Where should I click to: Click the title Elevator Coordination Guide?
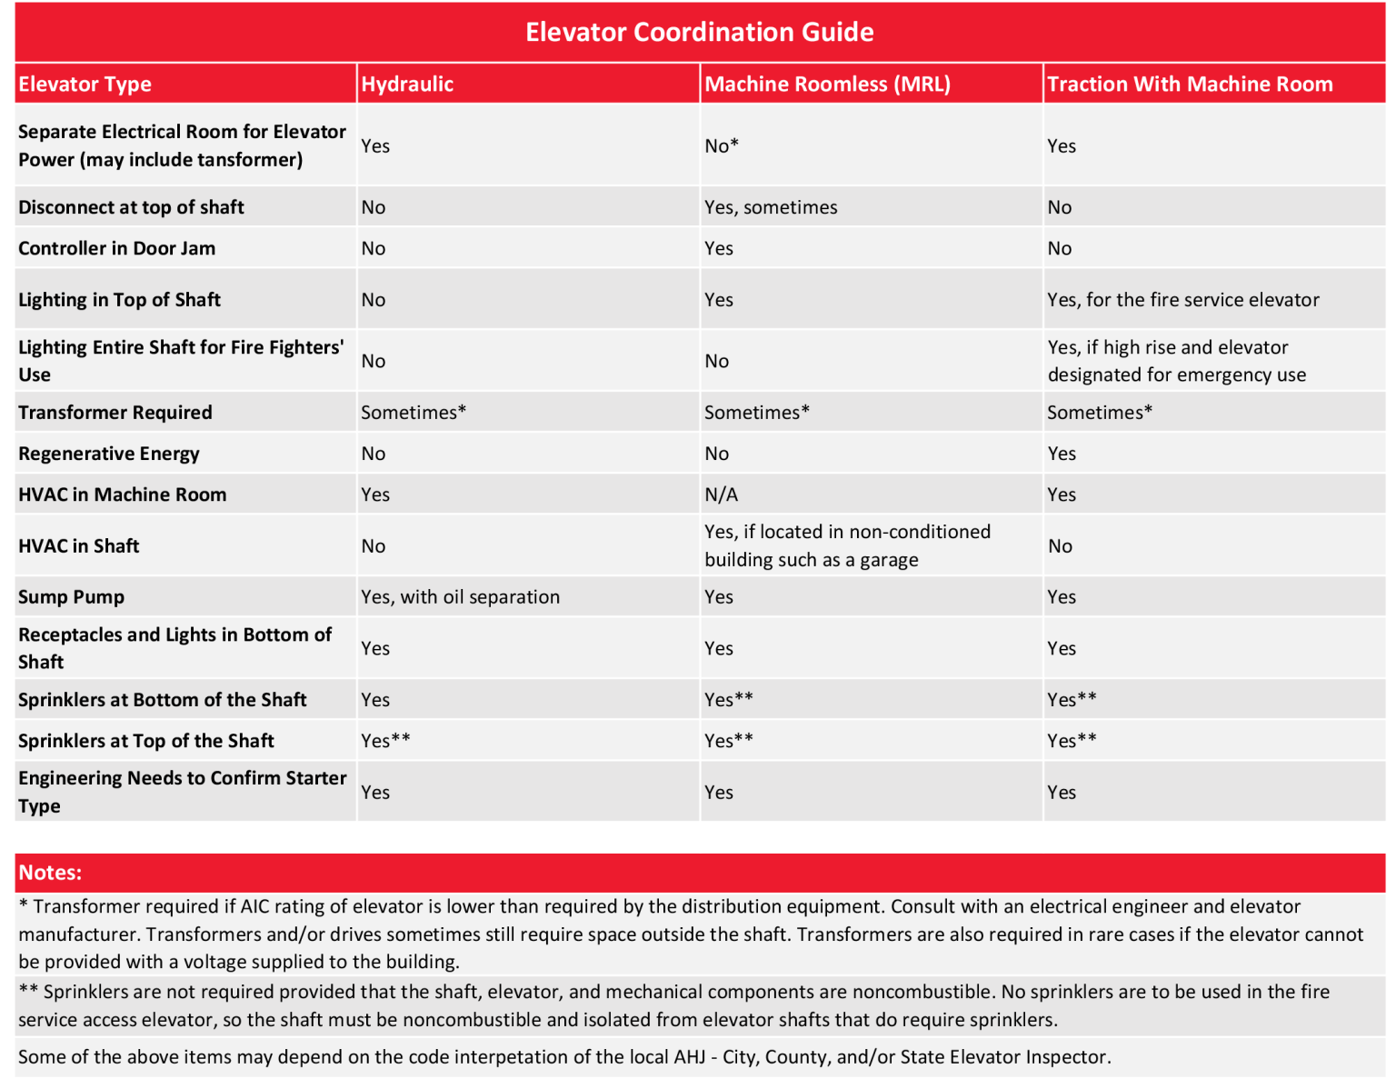coord(699,33)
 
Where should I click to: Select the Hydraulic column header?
coord(407,85)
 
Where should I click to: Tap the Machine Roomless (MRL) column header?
coord(827,85)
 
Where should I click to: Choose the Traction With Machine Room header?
coord(1190,85)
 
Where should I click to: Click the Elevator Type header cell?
coord(85,85)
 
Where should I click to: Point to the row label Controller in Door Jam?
coord(116,248)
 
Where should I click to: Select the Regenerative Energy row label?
coord(109,454)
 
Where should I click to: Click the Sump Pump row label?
coord(71,597)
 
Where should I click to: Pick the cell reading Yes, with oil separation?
coord(460,597)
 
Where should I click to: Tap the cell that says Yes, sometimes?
coord(771,207)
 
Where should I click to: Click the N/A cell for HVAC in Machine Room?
coord(721,495)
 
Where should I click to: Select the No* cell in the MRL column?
coord(722,146)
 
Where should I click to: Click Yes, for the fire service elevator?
coord(1182,300)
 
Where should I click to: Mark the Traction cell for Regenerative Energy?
coord(1062,454)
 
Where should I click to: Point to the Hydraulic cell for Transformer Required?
coord(414,413)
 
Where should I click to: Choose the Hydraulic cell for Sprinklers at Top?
coord(385,741)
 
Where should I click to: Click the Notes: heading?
coord(50,873)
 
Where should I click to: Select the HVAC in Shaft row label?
coord(79,546)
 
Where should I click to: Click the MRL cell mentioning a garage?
coord(846,545)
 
